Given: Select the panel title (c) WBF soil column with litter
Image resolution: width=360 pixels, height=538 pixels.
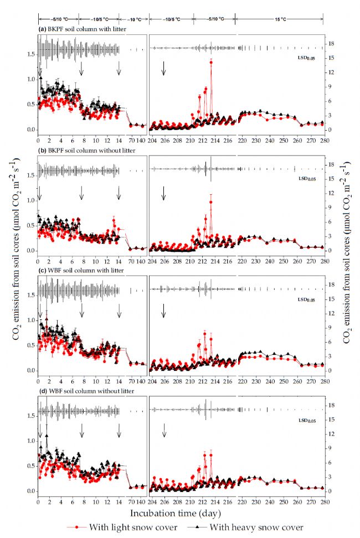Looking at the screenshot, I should (70, 270).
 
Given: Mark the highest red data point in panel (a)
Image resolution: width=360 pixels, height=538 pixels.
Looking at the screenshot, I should (211, 62).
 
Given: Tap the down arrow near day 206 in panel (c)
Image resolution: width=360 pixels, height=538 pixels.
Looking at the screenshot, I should (163, 311).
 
